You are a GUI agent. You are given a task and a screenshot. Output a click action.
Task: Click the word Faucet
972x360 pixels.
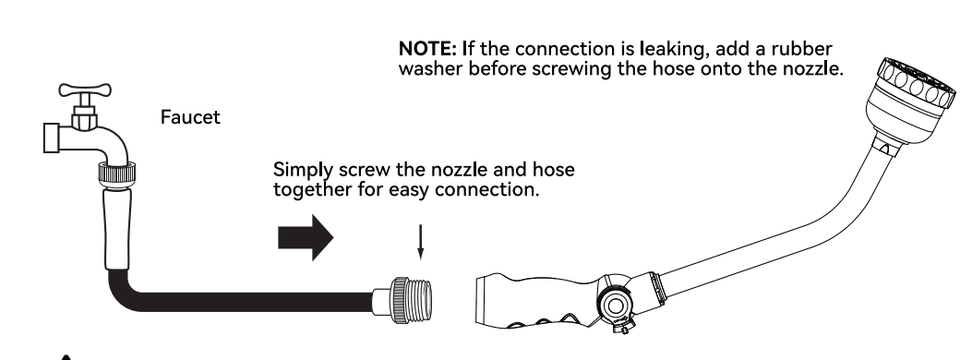(190, 117)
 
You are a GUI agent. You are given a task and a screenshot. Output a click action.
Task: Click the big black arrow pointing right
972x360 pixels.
(306, 237)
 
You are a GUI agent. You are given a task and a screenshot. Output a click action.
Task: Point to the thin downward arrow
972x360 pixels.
(420, 242)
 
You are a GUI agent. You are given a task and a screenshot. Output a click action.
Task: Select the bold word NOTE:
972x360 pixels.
(427, 48)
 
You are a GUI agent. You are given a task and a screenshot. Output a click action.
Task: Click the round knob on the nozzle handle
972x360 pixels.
(615, 305)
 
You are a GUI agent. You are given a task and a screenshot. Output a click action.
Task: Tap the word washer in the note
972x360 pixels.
(430, 68)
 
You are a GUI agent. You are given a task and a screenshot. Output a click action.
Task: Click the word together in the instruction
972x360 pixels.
(312, 189)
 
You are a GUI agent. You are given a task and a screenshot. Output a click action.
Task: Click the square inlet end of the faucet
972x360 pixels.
(52, 138)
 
